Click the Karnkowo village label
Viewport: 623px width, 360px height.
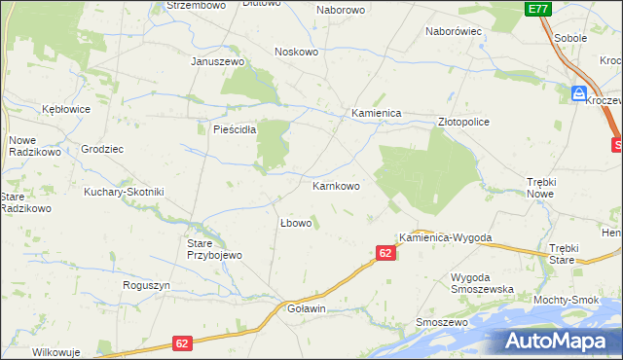coord(336,185)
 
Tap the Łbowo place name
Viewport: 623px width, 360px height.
coord(295,223)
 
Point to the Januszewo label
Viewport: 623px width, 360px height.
coord(216,60)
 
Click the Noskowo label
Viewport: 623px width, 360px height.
coord(297,52)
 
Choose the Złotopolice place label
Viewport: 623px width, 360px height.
coord(463,122)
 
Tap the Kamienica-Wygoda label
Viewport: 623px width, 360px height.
coord(445,237)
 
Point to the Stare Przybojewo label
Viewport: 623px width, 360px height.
coord(214,248)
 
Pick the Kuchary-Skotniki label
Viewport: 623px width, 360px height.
coord(124,192)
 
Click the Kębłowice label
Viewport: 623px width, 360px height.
coord(66,109)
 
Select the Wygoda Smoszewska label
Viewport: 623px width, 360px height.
coord(482,283)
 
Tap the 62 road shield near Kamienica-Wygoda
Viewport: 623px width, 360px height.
coord(385,253)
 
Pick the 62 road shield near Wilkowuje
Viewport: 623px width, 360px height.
coord(182,343)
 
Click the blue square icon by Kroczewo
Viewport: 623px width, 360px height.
coord(578,93)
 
